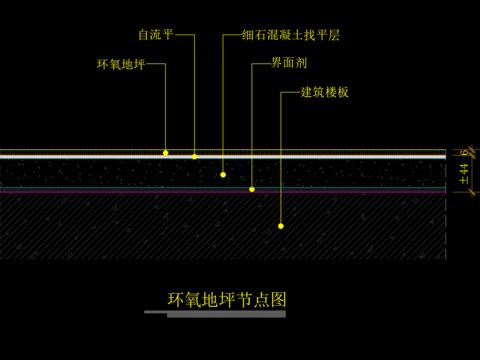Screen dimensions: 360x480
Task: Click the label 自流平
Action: (x=156, y=35)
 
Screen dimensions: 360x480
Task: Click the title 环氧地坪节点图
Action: (x=227, y=299)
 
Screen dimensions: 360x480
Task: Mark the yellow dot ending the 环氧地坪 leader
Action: (x=166, y=153)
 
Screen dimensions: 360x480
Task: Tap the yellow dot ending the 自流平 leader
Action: (x=195, y=157)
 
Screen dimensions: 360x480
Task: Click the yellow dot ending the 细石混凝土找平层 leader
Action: (x=223, y=175)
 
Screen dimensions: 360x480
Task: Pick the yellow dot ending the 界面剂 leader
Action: (x=252, y=189)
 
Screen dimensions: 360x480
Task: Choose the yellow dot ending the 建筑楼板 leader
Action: (x=281, y=226)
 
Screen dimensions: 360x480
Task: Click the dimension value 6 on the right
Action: (x=463, y=152)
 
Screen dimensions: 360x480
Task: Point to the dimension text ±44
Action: (x=463, y=174)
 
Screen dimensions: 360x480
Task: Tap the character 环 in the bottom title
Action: (x=176, y=299)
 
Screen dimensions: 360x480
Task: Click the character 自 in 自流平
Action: (x=144, y=35)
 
